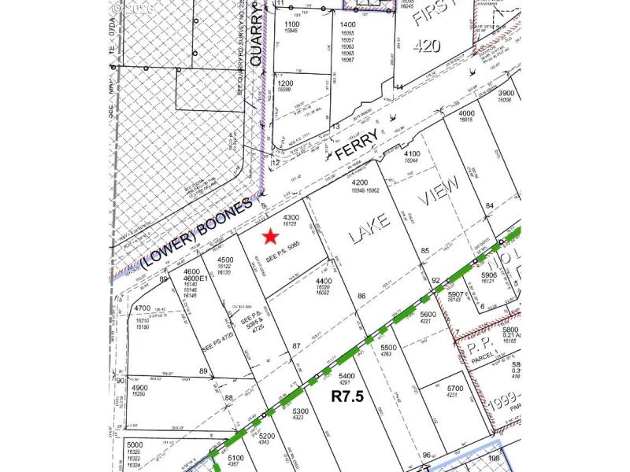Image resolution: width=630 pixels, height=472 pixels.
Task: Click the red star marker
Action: point(270,236)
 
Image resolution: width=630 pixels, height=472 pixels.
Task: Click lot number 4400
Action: point(324,281)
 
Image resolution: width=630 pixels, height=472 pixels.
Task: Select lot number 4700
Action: point(143,308)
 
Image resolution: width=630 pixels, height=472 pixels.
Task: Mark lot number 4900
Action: point(139,388)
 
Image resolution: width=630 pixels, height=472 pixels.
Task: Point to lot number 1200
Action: point(285,83)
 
